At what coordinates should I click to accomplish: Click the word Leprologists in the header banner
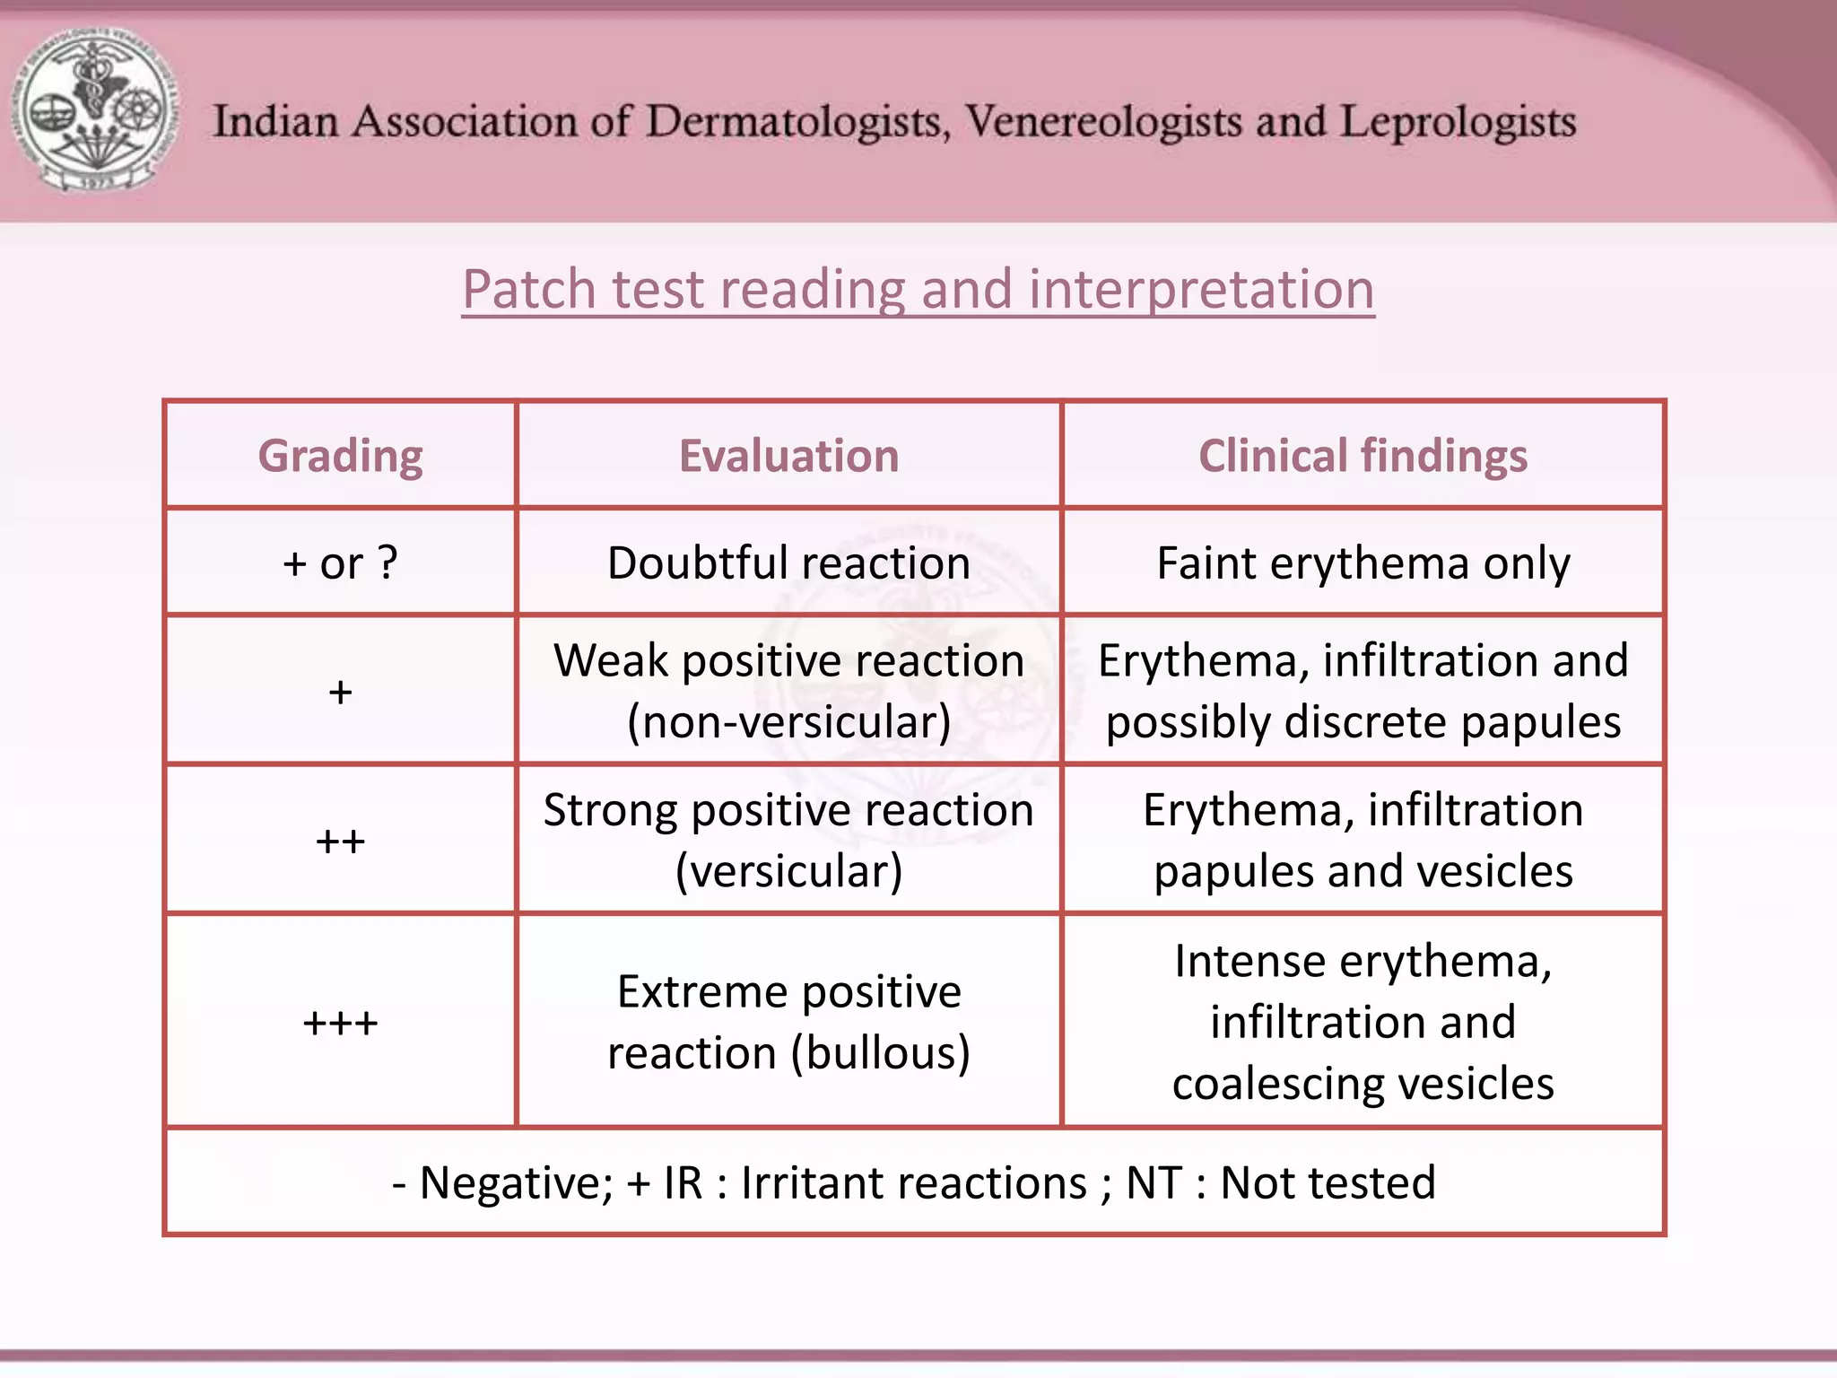[1458, 122]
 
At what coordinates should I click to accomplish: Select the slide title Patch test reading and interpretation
[918, 290]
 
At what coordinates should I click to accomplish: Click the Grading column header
[340, 456]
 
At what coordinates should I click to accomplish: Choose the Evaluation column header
[788, 456]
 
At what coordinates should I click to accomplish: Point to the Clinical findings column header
[1363, 456]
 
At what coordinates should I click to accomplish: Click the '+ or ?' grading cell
[340, 563]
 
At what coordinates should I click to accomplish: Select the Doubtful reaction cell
[788, 563]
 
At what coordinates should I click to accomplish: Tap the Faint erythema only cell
[1363, 563]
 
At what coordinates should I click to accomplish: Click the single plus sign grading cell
[340, 692]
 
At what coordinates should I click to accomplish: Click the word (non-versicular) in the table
[788, 722]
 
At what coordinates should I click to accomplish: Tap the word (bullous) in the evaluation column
[880, 1053]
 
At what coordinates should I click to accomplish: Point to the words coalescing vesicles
[1363, 1084]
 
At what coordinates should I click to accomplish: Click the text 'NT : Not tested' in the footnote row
[1281, 1182]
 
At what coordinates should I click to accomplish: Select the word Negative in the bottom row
[516, 1182]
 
